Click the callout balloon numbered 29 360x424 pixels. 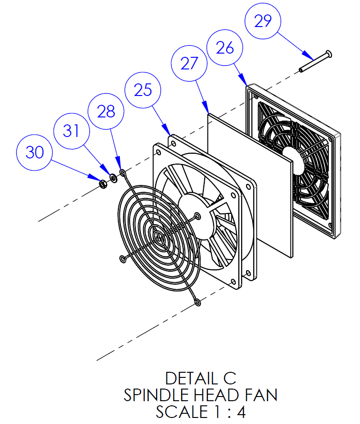263,21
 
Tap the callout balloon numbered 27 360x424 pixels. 189,63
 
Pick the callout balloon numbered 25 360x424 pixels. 143,90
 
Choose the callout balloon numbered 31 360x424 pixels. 71,131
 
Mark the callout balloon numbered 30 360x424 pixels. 35,152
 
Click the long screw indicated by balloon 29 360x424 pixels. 315,62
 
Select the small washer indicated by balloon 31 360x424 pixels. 113,178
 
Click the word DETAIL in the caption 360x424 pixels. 186,378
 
